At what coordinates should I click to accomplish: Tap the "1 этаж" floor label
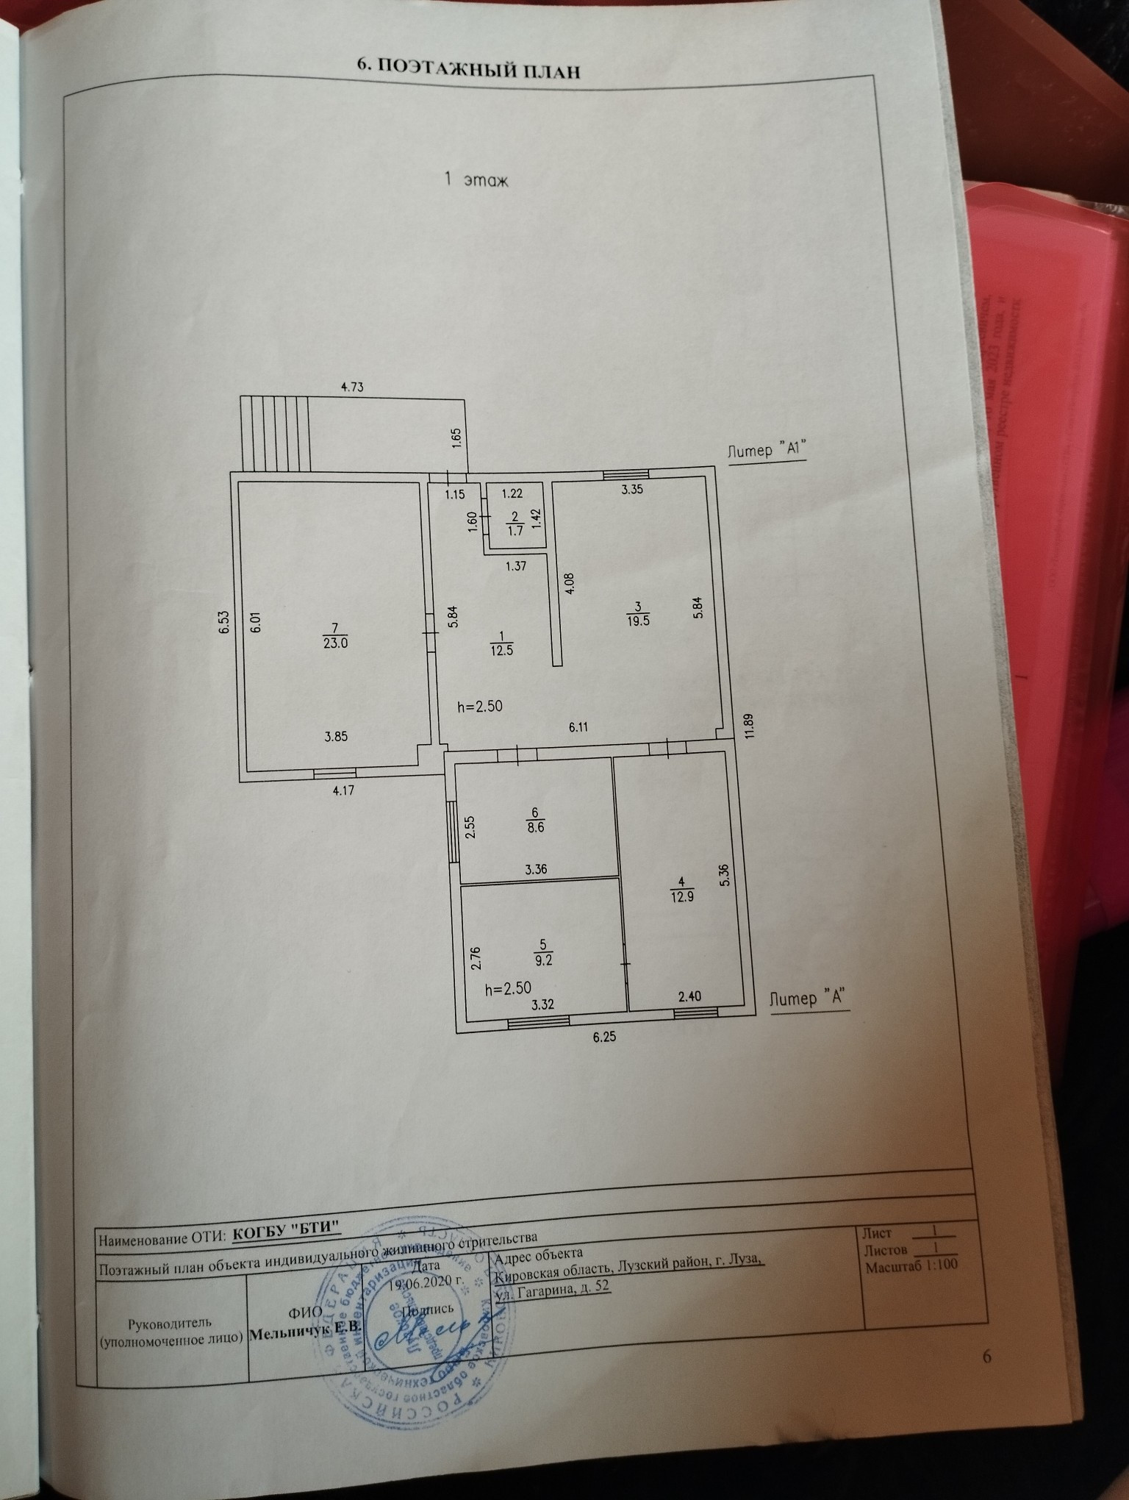(x=476, y=180)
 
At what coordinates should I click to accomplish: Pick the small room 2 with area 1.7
(x=515, y=524)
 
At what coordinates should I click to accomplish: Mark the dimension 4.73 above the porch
(x=351, y=385)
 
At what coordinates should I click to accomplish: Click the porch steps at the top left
(x=275, y=434)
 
